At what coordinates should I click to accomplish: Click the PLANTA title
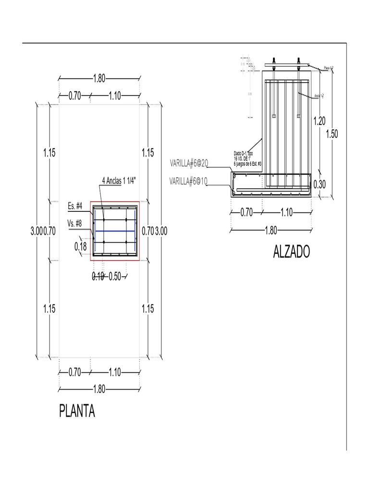(x=77, y=412)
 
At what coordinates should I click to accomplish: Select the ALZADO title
(x=292, y=252)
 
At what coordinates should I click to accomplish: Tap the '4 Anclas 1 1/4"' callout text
(x=119, y=181)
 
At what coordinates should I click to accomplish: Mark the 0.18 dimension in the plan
(x=81, y=246)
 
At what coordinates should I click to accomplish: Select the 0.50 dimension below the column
(x=115, y=276)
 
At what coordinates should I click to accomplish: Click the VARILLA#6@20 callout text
(x=189, y=164)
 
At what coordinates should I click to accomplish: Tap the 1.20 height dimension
(x=320, y=121)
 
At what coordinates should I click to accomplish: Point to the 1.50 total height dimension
(x=332, y=134)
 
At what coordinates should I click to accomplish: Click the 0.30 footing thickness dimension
(x=320, y=184)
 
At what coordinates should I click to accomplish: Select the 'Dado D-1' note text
(x=247, y=158)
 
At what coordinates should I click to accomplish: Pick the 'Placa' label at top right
(x=329, y=68)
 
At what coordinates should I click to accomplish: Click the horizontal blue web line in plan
(x=115, y=231)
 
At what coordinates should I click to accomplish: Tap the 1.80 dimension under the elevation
(x=271, y=230)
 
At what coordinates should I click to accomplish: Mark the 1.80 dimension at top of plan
(x=99, y=79)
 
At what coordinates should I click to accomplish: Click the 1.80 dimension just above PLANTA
(x=99, y=389)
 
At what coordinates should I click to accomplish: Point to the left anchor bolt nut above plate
(x=274, y=61)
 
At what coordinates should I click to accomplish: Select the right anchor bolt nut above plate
(x=298, y=61)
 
